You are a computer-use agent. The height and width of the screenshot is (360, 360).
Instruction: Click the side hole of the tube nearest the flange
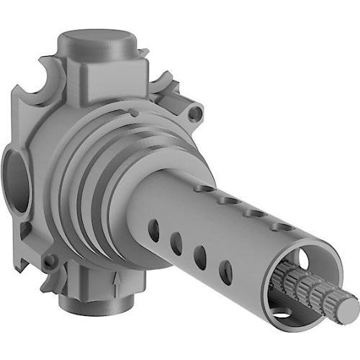[154, 230]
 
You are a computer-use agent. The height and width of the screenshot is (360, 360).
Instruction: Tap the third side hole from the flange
[200, 258]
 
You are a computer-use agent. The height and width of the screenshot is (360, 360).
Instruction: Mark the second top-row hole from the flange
[230, 201]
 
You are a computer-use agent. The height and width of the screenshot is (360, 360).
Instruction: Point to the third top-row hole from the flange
[253, 213]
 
